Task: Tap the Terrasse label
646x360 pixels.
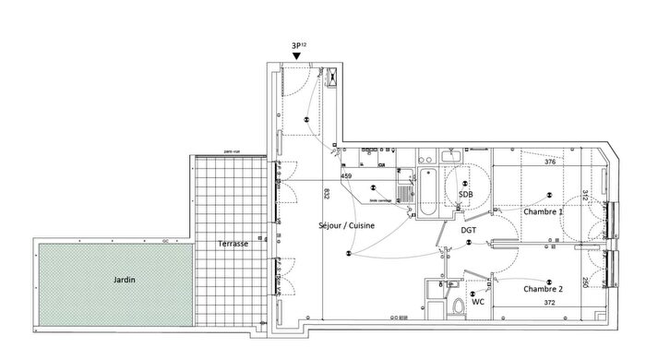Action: coord(226,244)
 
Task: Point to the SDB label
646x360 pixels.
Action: coord(466,195)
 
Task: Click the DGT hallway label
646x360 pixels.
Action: coord(469,230)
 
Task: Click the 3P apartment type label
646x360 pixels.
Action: coord(297,46)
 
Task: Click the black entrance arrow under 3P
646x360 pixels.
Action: coord(295,57)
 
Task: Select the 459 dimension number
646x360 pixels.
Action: coord(347,175)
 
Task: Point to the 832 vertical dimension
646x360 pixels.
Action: coord(327,193)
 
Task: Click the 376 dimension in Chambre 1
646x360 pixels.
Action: coord(550,162)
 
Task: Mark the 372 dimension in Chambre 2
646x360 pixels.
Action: coord(549,302)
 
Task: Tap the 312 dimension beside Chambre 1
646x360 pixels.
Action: coord(584,196)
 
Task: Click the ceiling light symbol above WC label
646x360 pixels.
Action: coord(473,294)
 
